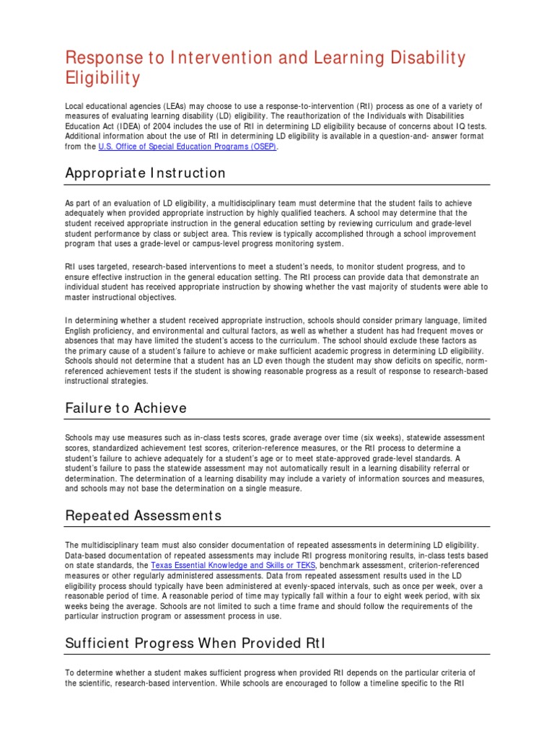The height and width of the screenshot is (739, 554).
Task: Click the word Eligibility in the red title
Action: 102,77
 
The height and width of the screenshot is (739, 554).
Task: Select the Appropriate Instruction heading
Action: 145,173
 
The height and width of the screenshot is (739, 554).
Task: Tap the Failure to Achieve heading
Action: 126,408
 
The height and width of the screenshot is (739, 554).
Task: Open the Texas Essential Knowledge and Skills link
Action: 233,566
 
